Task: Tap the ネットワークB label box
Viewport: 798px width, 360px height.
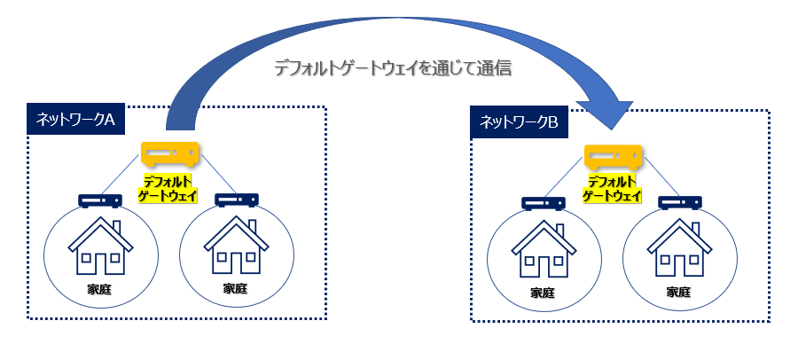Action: click(x=519, y=122)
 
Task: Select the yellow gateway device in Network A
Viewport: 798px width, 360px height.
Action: click(x=169, y=153)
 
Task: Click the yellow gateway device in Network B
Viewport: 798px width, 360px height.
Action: click(x=613, y=157)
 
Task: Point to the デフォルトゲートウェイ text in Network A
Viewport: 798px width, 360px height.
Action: click(x=168, y=189)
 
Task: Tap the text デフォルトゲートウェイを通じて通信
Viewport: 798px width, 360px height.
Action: click(x=393, y=68)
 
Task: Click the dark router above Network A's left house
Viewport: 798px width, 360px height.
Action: click(x=100, y=200)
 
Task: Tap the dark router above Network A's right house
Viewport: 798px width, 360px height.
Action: click(x=237, y=200)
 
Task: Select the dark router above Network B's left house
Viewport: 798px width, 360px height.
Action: click(x=544, y=203)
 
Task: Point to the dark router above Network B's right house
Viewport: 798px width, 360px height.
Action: click(x=680, y=203)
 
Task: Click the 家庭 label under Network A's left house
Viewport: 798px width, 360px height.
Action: click(x=99, y=290)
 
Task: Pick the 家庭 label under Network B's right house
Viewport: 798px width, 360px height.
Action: click(x=678, y=293)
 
